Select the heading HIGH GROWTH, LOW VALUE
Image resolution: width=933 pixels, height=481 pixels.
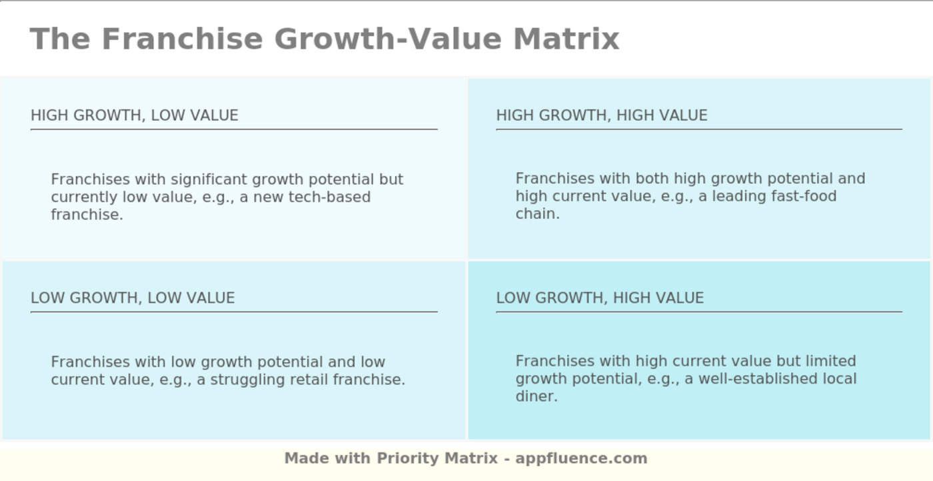pyautogui.click(x=135, y=115)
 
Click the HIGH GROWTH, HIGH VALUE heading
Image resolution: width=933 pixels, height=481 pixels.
pyautogui.click(x=602, y=115)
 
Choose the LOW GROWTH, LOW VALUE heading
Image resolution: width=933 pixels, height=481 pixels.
pyautogui.click(x=133, y=298)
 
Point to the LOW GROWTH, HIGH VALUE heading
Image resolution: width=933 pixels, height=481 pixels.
pyautogui.click(x=600, y=298)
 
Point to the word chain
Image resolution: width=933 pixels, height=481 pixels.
pyautogui.click(x=538, y=213)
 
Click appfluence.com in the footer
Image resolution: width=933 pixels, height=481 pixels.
pyautogui.click(x=581, y=458)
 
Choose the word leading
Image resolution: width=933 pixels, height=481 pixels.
pyautogui.click(x=739, y=197)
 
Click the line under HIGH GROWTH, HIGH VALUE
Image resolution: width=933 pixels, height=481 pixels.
pyautogui.click(x=699, y=129)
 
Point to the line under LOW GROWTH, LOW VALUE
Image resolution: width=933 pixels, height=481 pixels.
pyautogui.click(x=234, y=312)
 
